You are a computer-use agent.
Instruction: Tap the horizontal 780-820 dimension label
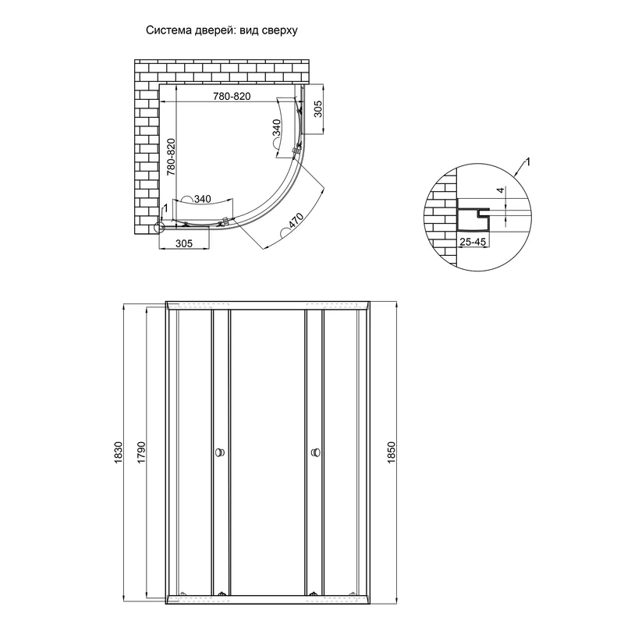(x=232, y=96)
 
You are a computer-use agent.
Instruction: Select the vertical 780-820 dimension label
(x=171, y=158)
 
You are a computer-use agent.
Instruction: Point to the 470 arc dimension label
(x=296, y=221)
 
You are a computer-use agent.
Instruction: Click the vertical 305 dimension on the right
(x=318, y=109)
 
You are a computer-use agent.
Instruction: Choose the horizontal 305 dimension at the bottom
(x=184, y=243)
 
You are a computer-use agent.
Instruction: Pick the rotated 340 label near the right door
(x=276, y=128)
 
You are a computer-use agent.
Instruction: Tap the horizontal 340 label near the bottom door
(x=203, y=199)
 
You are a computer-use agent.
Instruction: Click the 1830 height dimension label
(x=119, y=452)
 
